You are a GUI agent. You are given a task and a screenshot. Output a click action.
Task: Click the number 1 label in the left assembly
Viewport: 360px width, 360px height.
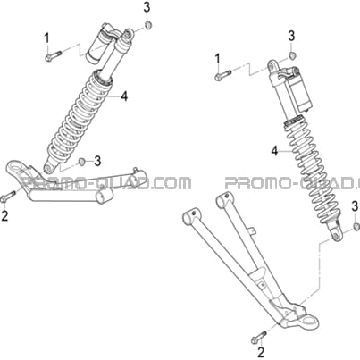tap(46, 40)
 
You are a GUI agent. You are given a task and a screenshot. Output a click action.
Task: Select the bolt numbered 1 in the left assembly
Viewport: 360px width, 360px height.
tap(54, 55)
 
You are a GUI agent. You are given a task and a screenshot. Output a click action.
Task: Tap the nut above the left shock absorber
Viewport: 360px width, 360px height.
tap(147, 25)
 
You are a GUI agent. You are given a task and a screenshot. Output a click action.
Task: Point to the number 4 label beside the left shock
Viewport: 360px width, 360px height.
tap(124, 96)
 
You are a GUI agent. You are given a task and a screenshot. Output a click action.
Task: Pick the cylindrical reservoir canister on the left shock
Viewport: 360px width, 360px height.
tap(97, 43)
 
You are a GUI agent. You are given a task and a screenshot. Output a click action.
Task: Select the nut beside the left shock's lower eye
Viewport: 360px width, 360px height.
tap(80, 162)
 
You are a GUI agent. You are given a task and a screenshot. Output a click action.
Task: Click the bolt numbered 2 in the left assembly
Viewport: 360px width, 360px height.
tap(9, 197)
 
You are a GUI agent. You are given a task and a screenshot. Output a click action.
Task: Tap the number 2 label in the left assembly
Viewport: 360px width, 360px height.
tap(4, 216)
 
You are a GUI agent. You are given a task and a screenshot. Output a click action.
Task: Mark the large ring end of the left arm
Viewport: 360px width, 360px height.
tap(14, 165)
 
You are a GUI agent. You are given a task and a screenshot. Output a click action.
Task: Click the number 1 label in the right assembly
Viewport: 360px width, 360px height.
tap(218, 59)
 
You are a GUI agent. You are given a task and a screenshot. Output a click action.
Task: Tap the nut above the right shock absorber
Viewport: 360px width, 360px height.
tap(292, 55)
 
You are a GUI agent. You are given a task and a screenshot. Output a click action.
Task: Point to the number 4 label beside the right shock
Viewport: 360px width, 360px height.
tap(274, 151)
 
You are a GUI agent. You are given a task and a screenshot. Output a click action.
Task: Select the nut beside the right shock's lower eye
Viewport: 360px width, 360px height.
tap(356, 226)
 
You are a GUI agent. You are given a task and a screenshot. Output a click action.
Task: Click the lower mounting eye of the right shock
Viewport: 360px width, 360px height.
tap(335, 235)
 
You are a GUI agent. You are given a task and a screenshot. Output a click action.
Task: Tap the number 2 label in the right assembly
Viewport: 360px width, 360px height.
tap(261, 353)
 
